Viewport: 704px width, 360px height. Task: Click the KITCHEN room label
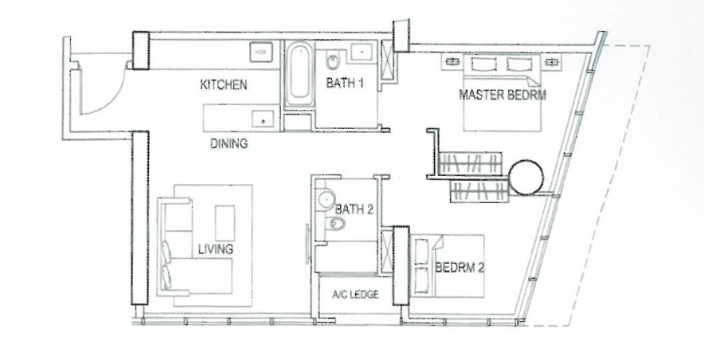[x=223, y=84]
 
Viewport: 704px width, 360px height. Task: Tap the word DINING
[x=229, y=143]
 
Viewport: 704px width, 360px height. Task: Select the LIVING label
[x=216, y=249]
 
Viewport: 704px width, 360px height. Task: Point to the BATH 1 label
[x=344, y=83]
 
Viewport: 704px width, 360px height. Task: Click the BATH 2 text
[x=354, y=209]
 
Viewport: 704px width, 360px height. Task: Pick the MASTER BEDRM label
[x=503, y=95]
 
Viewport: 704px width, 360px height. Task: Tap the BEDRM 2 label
[x=460, y=268]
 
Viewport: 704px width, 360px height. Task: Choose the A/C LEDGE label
[x=356, y=295]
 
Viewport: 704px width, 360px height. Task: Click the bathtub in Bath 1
[x=299, y=74]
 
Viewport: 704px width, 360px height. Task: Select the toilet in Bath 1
[x=333, y=61]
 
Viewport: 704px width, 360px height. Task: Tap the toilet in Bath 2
[x=335, y=223]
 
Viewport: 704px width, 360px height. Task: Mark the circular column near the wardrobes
[x=526, y=178]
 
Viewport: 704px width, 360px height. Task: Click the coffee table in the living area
[x=225, y=223]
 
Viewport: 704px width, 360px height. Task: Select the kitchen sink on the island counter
[x=263, y=119]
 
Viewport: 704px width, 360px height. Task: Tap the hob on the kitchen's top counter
[x=260, y=52]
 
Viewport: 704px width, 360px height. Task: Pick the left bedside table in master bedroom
[x=452, y=62]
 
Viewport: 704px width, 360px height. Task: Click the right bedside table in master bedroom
[x=550, y=62]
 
